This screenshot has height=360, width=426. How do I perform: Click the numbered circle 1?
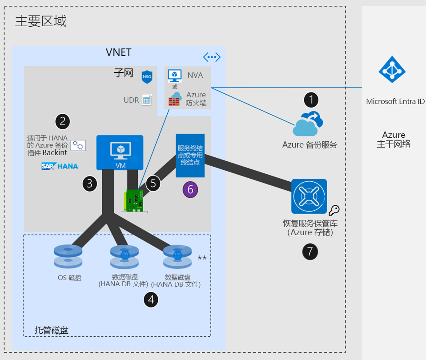coord(311,100)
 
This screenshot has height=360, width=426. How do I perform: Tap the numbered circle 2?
coord(63,121)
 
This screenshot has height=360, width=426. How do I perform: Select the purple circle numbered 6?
coord(190,189)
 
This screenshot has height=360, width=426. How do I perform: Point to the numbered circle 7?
coord(310,252)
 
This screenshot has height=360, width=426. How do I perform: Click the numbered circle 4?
coord(151,300)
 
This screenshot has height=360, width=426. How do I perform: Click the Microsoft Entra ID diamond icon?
coord(392,70)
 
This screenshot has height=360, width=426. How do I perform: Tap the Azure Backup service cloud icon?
coord(306,124)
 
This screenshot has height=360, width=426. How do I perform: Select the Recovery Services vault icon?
coord(309,196)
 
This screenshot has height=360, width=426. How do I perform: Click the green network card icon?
coord(135,200)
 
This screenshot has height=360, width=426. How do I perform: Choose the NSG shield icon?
coord(147,77)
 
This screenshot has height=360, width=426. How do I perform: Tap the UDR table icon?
coord(147,100)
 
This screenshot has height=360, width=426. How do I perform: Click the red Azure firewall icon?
coord(174,99)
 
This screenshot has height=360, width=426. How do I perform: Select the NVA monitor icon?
coord(174,76)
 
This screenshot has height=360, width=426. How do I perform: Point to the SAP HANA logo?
coord(59,166)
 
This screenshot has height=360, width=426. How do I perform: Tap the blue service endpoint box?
coord(190,155)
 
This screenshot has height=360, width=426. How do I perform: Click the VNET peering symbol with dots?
coord(212,57)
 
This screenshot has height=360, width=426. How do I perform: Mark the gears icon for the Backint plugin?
coord(78,145)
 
